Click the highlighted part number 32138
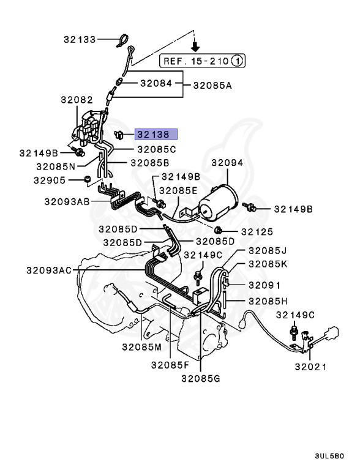pos(156,134)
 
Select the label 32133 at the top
pos(80,39)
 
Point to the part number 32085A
pos(212,86)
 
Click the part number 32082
pos(76,99)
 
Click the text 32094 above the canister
pos(227,163)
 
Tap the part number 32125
pos(257,231)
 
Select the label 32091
pos(264,285)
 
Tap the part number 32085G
pos(200,378)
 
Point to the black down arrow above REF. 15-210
pos(195,45)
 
